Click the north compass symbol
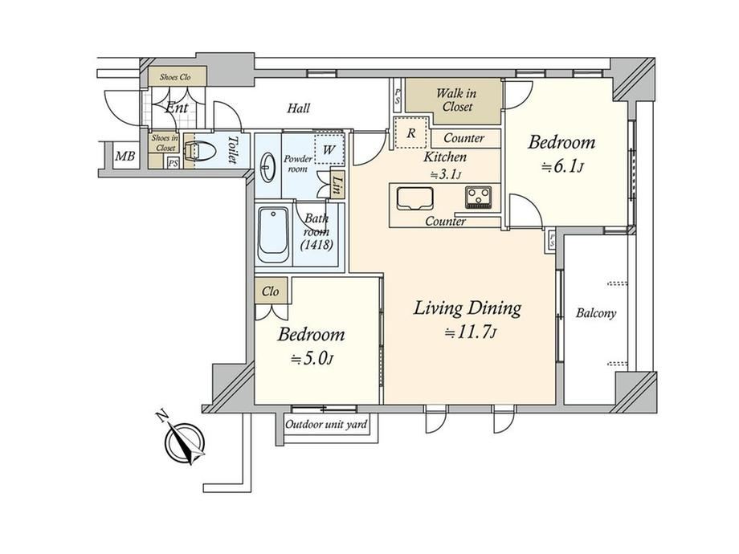point(185,441)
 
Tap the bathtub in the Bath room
point(273,234)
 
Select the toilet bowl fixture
point(200,152)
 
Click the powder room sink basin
point(268,167)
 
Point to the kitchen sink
point(414,198)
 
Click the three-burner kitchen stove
point(479,198)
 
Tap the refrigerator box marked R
point(411,132)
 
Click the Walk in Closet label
point(455,100)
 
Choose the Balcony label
point(596,313)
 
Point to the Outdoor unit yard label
point(326,425)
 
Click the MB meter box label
point(125,156)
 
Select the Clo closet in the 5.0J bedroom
point(271,291)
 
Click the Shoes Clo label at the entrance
point(175,77)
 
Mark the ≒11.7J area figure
point(471,333)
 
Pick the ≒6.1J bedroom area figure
point(563,167)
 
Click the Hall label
point(299,108)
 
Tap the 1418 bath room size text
point(316,245)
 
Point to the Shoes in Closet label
point(165,143)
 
